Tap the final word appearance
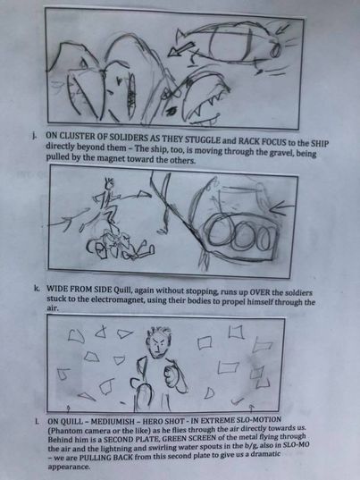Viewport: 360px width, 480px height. [68, 467]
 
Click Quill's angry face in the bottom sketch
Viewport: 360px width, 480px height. [158, 343]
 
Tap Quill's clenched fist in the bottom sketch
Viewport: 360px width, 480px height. [170, 372]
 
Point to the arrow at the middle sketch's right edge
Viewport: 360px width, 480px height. [281, 207]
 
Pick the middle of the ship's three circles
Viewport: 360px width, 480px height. [243, 236]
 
